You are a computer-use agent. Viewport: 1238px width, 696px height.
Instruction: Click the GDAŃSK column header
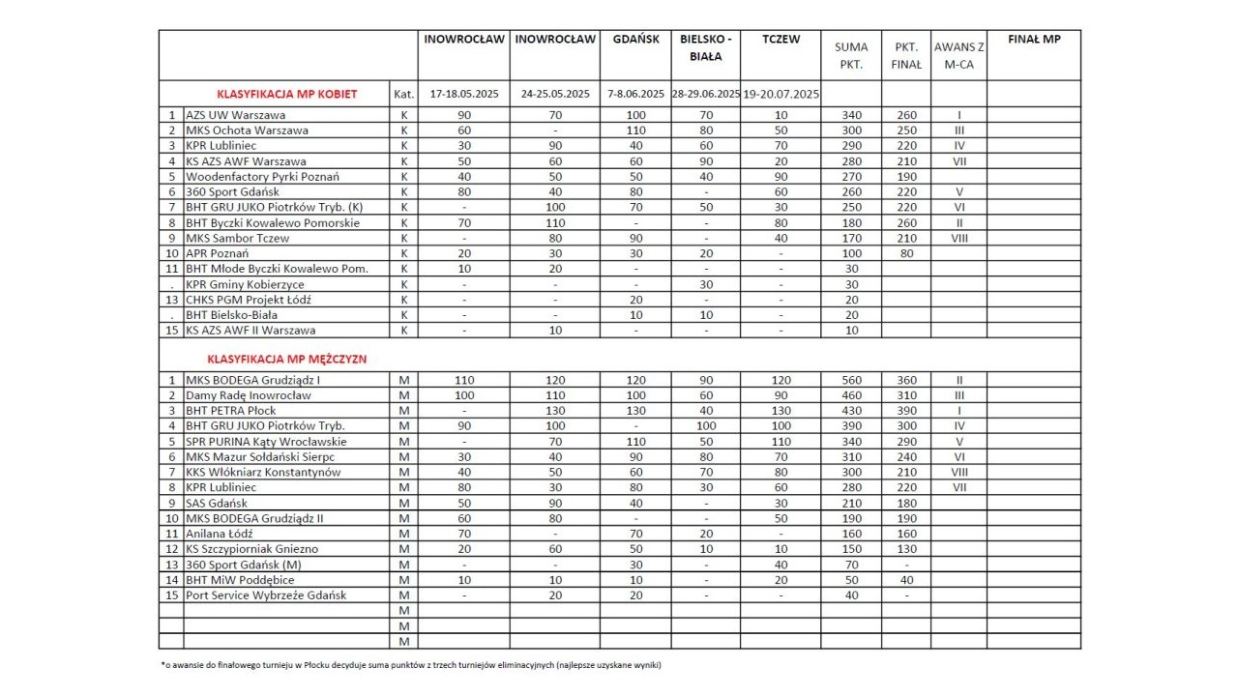pos(635,40)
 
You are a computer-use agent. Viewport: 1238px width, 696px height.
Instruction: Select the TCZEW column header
pos(781,40)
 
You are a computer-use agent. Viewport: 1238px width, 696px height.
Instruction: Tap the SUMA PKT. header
pos(850,55)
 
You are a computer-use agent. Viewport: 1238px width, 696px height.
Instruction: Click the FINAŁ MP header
pos(1033,40)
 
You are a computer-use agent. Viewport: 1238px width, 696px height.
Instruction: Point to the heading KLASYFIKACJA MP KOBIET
pos(287,94)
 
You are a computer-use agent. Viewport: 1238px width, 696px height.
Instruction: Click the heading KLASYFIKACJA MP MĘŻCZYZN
pos(287,359)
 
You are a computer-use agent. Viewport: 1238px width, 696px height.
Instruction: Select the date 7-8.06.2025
pos(635,94)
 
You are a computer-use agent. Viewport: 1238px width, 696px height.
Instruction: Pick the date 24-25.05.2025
pos(555,94)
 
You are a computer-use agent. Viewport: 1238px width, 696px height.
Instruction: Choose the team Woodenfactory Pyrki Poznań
pos(262,177)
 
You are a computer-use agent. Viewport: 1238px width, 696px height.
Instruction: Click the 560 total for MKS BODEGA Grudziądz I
pos(850,380)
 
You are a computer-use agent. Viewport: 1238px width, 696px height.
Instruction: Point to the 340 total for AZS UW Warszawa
pos(850,115)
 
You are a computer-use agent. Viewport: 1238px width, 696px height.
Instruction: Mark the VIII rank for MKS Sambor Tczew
pos(958,238)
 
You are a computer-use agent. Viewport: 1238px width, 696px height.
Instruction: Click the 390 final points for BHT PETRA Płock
pos(906,410)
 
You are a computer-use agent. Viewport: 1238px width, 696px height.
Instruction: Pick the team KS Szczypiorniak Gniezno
pos(251,549)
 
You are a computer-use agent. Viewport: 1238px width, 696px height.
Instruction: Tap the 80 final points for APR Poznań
pos(906,253)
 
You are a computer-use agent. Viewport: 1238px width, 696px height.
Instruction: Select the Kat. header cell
pos(404,94)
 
